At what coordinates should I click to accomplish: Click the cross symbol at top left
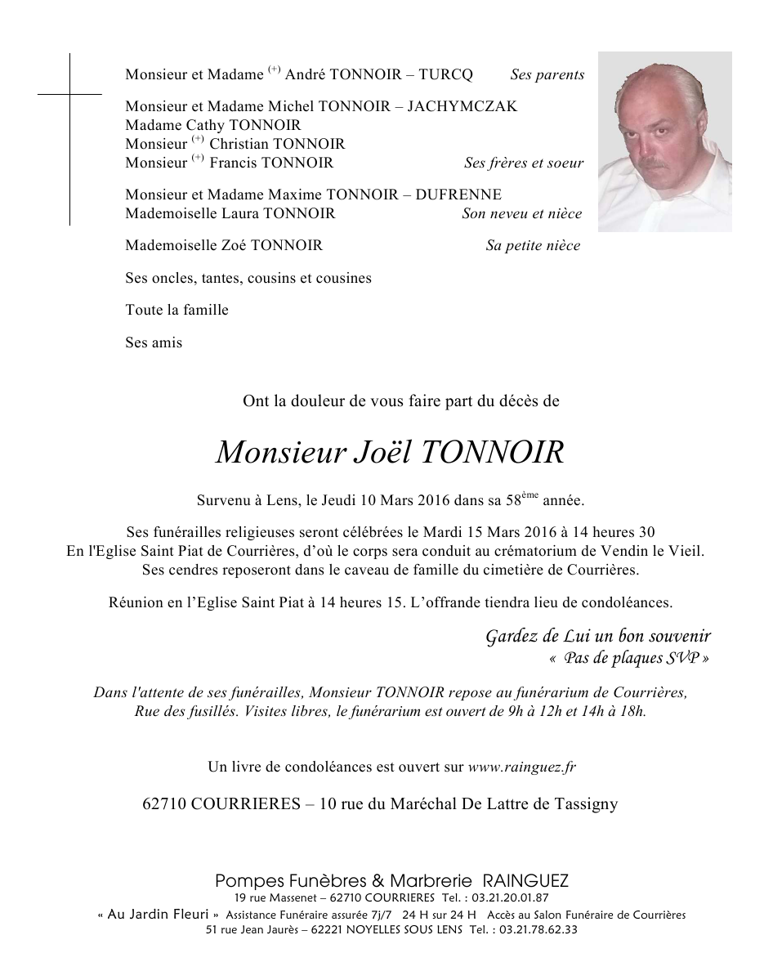69,95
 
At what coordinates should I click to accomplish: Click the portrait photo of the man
664,141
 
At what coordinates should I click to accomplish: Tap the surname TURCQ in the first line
445,74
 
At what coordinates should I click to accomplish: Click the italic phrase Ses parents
547,74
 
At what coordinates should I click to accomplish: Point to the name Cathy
206,125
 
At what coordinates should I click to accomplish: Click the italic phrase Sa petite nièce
533,245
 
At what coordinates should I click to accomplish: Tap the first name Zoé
233,245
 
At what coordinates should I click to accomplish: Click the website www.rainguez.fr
522,767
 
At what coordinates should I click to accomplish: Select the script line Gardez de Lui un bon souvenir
598,636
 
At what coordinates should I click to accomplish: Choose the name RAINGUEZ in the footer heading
525,881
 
